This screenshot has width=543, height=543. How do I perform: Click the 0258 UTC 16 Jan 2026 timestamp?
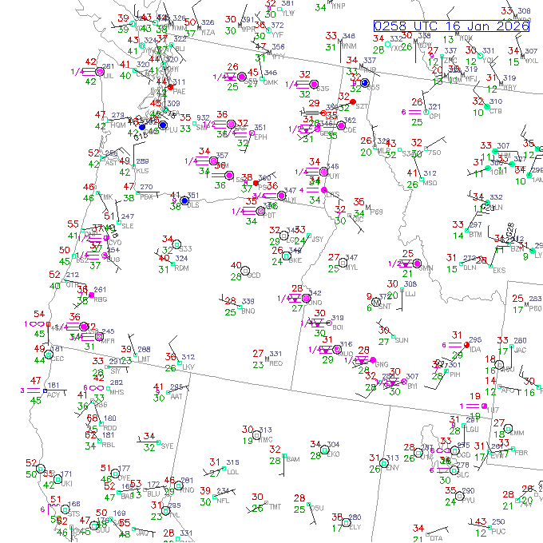(452, 26)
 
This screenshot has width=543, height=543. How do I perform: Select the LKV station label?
(188, 367)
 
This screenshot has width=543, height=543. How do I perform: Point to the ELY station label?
(355, 526)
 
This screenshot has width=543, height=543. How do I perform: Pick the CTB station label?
(495, 110)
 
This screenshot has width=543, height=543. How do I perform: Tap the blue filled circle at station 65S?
(364, 82)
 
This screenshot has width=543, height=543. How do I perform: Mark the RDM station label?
(181, 268)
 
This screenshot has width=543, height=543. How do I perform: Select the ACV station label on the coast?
(53, 394)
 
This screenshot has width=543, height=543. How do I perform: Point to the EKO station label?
(333, 454)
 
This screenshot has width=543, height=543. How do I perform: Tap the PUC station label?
(497, 531)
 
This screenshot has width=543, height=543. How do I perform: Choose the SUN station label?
(401, 340)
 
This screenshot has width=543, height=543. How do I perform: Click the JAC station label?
(520, 350)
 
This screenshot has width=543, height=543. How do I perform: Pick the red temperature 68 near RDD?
(92, 418)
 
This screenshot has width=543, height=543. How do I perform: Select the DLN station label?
(470, 268)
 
